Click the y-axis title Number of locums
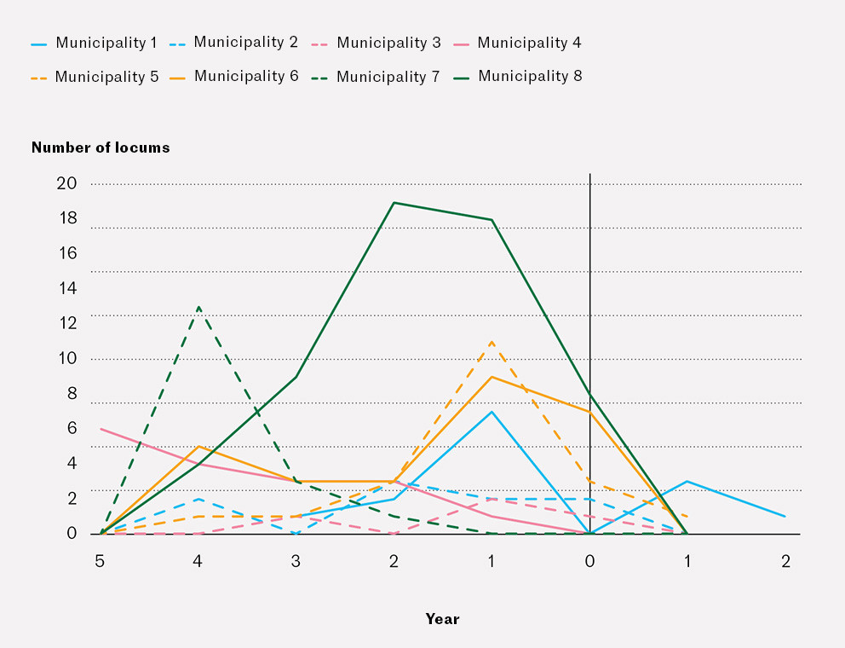point(101,148)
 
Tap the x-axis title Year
point(442,619)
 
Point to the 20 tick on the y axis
point(67,183)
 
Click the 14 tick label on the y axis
point(67,288)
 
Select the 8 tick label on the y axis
point(72,393)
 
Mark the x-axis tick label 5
point(101,561)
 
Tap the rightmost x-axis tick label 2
point(785,561)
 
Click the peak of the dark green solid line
point(394,203)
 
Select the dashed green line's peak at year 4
point(198,306)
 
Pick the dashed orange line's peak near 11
point(491,342)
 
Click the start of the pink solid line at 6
point(101,429)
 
